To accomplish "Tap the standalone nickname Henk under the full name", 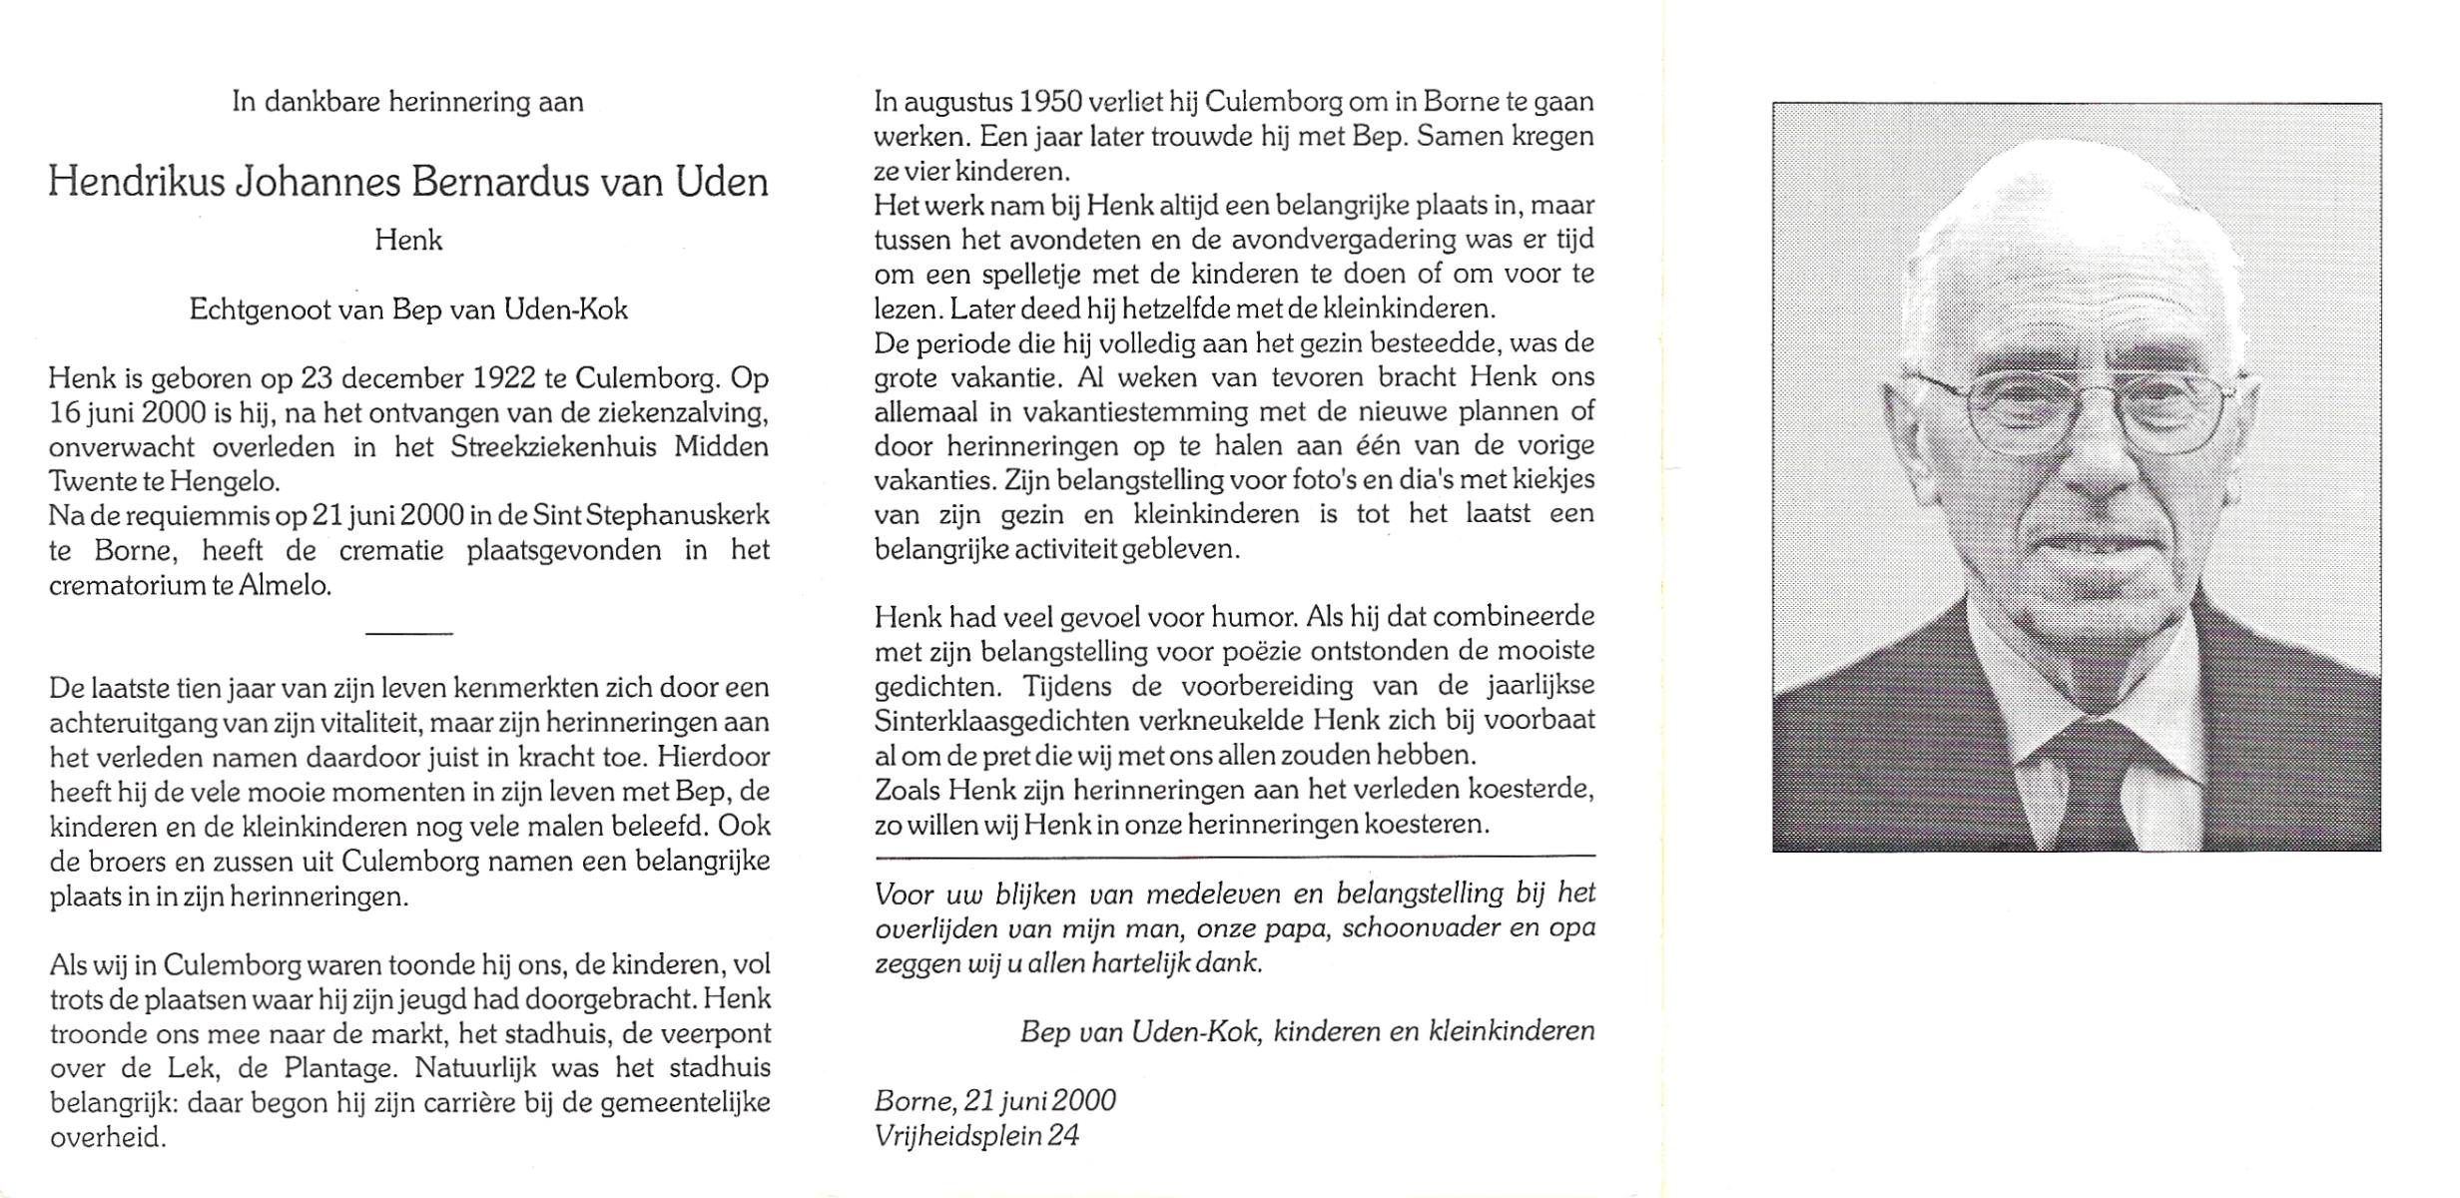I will tap(408, 241).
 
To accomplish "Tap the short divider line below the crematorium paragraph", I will tap(409, 633).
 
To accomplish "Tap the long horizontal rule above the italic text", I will tap(1234, 857).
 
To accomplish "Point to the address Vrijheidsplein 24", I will tap(976, 1136).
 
